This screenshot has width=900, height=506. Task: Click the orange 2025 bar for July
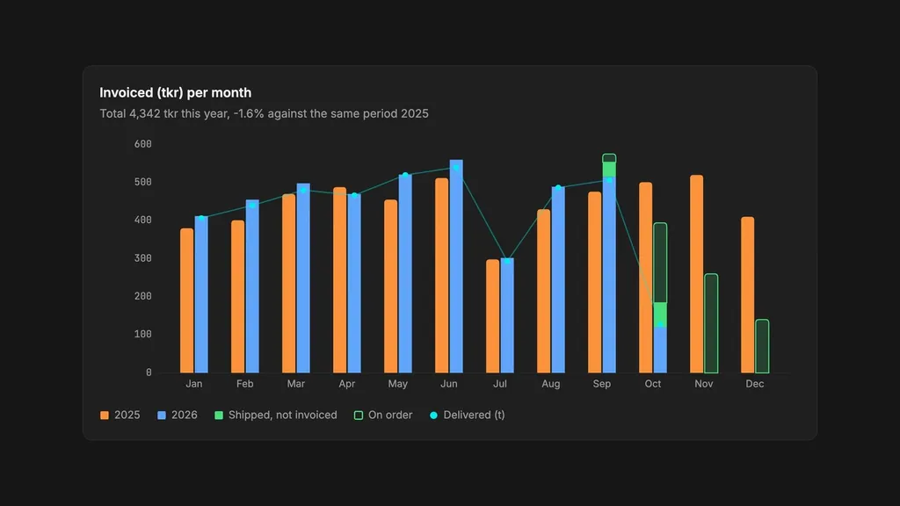[492, 316]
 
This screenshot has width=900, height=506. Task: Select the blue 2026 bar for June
[456, 266]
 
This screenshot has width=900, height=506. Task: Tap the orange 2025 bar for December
[747, 295]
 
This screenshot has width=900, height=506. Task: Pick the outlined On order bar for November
[711, 323]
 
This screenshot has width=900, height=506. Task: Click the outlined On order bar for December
[762, 346]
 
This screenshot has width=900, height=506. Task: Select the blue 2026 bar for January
[201, 294]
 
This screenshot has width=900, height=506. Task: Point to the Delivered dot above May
[405, 176]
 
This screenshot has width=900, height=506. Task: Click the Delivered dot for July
[507, 261]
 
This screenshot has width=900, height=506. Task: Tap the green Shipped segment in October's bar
[660, 314]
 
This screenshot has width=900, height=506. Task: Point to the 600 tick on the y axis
[143, 144]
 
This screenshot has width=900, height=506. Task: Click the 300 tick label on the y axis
[143, 258]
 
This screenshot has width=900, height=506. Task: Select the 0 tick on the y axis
[149, 372]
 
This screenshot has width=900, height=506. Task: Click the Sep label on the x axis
[601, 384]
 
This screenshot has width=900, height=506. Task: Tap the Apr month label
[346, 384]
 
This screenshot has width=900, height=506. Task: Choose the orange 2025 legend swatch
[105, 416]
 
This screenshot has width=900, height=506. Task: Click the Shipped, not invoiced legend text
[282, 415]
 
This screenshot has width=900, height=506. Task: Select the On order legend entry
[383, 415]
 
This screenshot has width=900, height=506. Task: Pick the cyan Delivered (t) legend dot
[433, 416]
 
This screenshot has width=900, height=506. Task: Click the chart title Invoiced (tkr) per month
[176, 93]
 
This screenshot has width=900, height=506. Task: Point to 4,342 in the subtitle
[145, 113]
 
